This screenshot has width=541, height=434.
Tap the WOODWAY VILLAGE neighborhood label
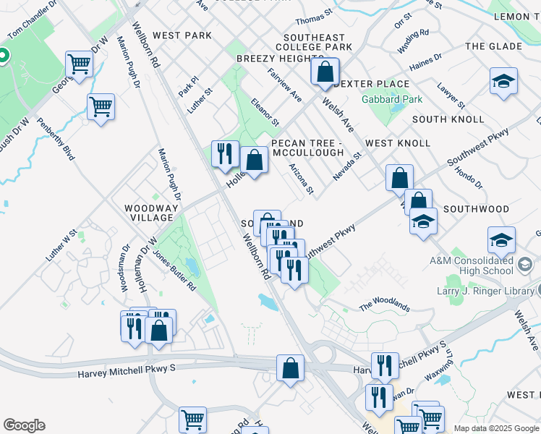[150, 213]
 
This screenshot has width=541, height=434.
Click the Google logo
[24, 425]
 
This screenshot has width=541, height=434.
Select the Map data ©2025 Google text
[495, 428]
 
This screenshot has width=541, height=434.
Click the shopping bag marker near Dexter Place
[325, 72]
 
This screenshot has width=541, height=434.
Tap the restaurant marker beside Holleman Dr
[225, 153]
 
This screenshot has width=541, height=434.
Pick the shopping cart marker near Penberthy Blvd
[101, 107]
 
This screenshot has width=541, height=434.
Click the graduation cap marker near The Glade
[503, 81]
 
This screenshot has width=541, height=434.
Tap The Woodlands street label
[385, 306]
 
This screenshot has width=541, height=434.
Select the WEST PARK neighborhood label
[182, 35]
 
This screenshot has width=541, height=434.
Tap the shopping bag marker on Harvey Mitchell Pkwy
[290, 367]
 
